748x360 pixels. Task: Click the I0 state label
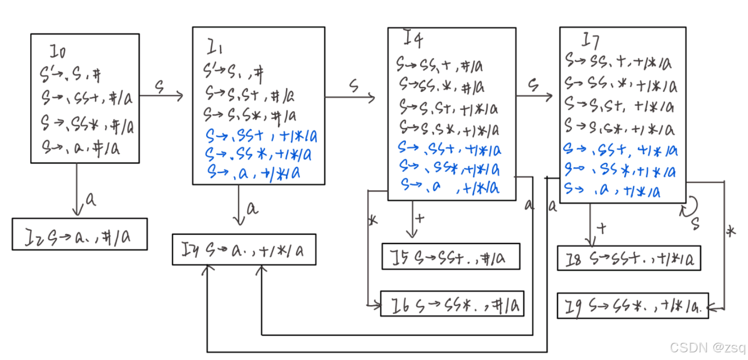[58, 53]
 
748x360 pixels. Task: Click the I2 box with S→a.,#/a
[80, 234]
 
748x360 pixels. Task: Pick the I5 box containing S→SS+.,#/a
[450, 257]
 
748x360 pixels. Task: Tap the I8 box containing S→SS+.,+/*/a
[629, 258]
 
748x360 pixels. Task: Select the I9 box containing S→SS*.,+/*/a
[633, 306]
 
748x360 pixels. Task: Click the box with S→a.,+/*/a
[244, 249]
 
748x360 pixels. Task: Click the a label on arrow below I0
[91, 200]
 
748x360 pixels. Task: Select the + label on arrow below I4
[420, 218]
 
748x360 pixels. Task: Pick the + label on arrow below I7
[602, 229]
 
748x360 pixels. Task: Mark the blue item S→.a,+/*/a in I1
[253, 173]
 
